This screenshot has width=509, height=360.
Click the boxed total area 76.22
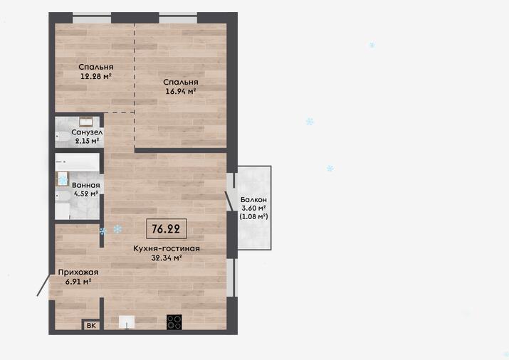pos(166,228)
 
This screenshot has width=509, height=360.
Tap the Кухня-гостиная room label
pos(167,248)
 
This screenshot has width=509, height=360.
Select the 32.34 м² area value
pos(167,258)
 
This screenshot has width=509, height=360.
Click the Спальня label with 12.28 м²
pos(96,67)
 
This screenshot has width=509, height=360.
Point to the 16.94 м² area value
pos(181,91)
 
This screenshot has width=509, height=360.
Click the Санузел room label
pos(87,132)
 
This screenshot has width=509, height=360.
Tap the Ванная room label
pos(86,185)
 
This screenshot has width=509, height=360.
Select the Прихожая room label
pos(78,272)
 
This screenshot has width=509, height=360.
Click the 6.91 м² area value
pos(78,282)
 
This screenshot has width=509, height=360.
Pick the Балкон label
pos(253,199)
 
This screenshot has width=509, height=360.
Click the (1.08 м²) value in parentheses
pos(253,216)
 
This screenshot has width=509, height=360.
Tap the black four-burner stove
pos(174,322)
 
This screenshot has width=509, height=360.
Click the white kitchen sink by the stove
pos(127,322)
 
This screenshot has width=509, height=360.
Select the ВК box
pos(91,325)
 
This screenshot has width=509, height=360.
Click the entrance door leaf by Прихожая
pos(43,285)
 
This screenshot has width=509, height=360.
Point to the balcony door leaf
pos(229,201)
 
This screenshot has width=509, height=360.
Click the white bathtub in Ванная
pos(78,162)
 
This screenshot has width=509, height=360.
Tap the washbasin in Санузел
pos(86,122)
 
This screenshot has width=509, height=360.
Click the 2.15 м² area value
pos(87,141)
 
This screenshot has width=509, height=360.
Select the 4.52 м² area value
pos(86,194)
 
